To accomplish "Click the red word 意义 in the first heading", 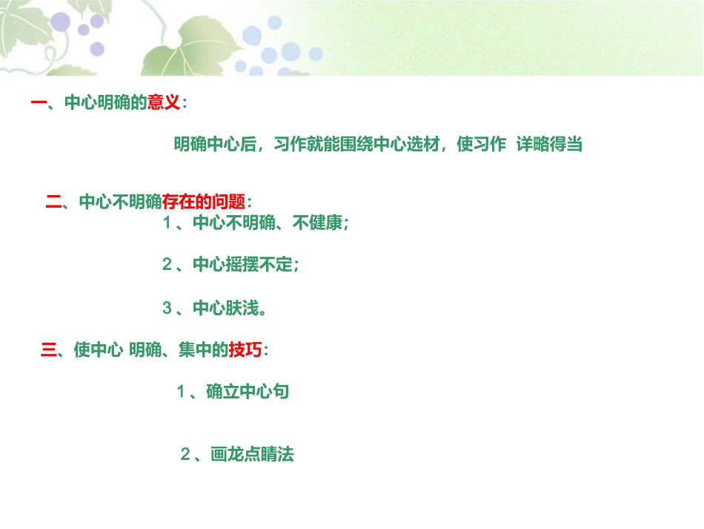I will [x=164, y=103].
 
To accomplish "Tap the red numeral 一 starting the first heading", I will [x=39, y=103].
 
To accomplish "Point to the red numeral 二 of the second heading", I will [x=53, y=202].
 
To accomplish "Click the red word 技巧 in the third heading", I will [x=245, y=350].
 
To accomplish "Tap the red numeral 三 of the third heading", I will [x=48, y=350].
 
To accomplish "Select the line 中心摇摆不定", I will [x=244, y=265].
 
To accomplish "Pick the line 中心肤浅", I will [x=227, y=308].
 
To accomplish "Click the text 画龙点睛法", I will [x=252, y=455].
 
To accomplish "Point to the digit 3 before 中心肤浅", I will [x=167, y=308].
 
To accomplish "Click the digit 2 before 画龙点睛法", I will [x=185, y=455].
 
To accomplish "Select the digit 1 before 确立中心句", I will [x=180, y=392].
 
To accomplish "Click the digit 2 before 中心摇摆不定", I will [x=167, y=265].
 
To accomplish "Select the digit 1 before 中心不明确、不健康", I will [x=167, y=223].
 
